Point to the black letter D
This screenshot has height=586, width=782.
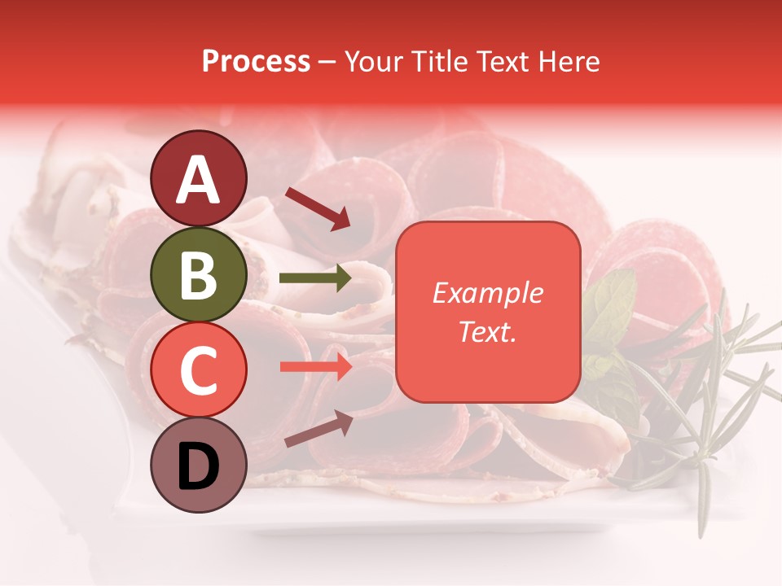click(x=198, y=466)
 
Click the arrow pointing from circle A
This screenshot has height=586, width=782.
click(x=318, y=208)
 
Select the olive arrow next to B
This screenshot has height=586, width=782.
click(x=315, y=278)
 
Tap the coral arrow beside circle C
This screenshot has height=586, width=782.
click(x=315, y=366)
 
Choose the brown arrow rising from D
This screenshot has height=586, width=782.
click(x=319, y=429)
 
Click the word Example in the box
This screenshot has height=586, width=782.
click(x=487, y=293)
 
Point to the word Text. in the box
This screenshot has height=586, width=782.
click(x=487, y=331)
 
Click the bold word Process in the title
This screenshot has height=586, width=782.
click(x=256, y=62)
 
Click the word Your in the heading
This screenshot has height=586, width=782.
click(x=372, y=62)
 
